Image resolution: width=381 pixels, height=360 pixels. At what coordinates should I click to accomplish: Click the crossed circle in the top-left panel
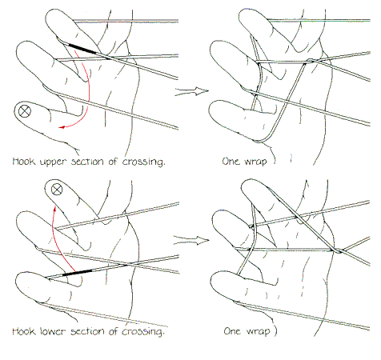(24, 111)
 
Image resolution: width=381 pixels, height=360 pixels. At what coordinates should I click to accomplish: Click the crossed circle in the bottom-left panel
(57, 190)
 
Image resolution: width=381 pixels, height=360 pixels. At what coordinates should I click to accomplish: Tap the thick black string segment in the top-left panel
(82, 48)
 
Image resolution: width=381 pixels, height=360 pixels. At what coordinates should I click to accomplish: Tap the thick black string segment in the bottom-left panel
(77, 273)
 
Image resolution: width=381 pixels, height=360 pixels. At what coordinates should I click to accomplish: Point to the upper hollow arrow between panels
(191, 91)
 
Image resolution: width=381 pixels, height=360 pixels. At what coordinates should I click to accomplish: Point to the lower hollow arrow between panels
(191, 240)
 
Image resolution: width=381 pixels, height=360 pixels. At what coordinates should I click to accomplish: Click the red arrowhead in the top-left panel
(62, 127)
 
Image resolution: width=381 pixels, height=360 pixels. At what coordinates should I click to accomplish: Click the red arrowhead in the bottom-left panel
(54, 208)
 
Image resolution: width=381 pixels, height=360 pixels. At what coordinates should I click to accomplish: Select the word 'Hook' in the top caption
(24, 161)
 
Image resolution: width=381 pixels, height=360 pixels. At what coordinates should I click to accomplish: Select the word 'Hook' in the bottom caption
(24, 331)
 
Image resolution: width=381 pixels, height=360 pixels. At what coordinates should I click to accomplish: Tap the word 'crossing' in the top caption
(143, 162)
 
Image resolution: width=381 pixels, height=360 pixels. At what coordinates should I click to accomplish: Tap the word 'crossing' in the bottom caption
(142, 332)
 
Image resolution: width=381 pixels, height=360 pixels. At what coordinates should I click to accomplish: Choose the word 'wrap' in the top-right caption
(255, 162)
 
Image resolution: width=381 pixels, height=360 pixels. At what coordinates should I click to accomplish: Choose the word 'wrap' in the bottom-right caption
(258, 331)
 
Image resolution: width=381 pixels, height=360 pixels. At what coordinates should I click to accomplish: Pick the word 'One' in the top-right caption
(231, 161)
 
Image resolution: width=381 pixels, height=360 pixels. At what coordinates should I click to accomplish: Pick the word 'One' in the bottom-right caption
(233, 331)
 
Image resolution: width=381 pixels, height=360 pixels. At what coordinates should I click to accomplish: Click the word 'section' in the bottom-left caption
(86, 331)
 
